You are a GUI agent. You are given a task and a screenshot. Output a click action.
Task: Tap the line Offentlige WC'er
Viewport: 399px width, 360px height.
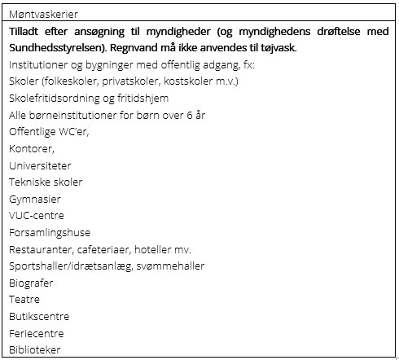click(x=49, y=132)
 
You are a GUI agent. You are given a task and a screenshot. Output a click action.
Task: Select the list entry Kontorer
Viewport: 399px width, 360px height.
click(x=32, y=148)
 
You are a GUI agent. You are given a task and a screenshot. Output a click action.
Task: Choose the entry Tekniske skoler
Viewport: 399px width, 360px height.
click(x=46, y=182)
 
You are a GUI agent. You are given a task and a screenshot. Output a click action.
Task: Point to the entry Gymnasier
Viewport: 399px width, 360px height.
click(x=35, y=199)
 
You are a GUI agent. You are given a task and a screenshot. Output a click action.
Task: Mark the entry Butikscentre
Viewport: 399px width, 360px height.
click(x=39, y=316)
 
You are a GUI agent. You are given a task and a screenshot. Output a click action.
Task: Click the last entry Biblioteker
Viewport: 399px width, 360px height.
click(x=35, y=349)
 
